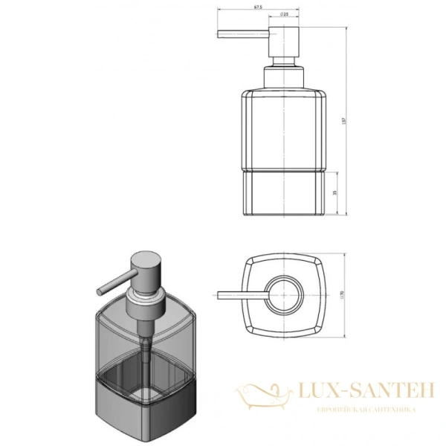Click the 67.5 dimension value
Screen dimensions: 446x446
tap(258, 8)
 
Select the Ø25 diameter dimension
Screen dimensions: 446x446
tap(285, 14)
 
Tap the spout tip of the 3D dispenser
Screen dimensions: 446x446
tap(98, 292)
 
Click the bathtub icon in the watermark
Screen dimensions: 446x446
tap(263, 394)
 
